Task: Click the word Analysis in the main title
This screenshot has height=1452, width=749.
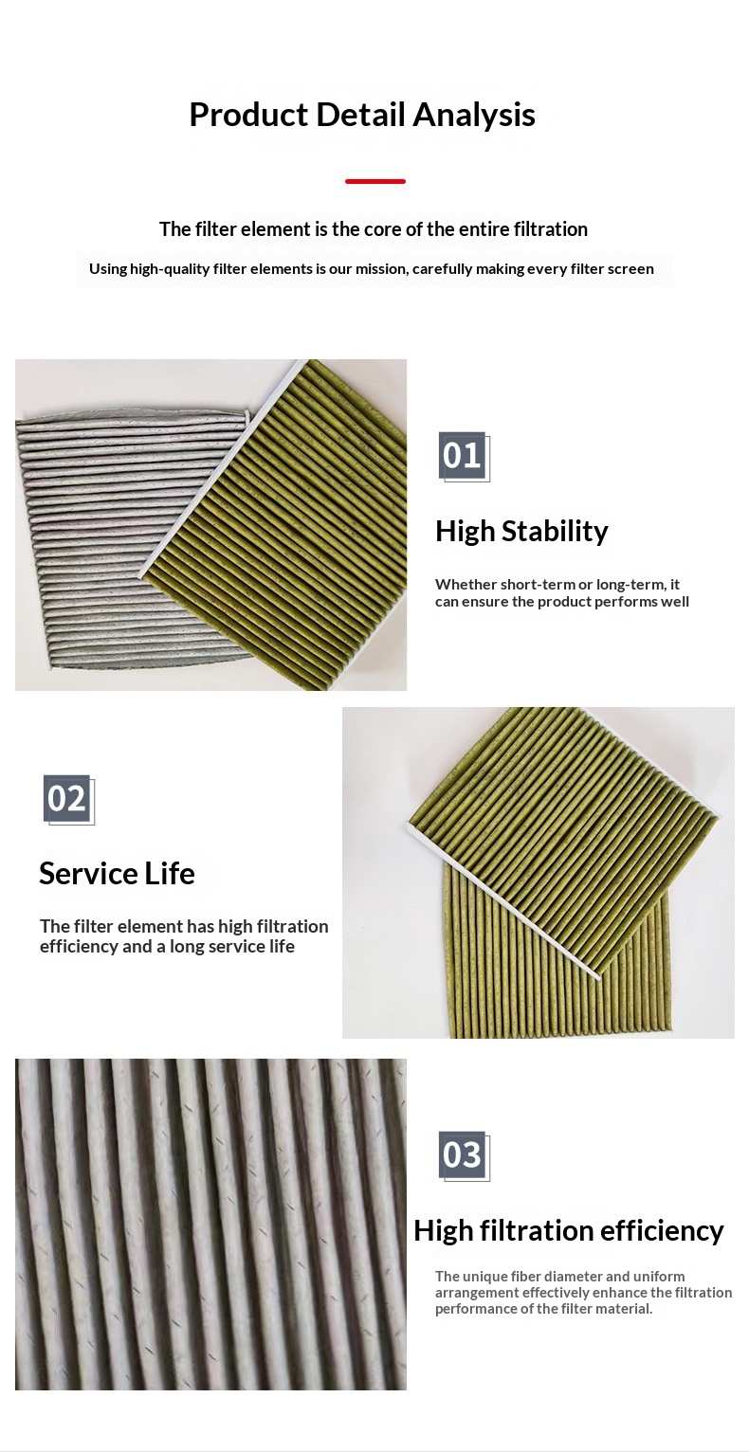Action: (473, 115)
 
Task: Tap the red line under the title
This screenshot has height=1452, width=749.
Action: (374, 182)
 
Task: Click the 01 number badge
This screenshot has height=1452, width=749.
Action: (463, 456)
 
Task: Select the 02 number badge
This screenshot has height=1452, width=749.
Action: (68, 799)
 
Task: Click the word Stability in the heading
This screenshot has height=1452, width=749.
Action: (555, 532)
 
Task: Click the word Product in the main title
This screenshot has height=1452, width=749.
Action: (248, 115)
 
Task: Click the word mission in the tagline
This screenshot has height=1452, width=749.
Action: (382, 269)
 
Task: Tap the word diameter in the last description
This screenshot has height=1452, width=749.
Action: (576, 1277)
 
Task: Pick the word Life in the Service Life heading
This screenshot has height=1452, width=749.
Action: (170, 873)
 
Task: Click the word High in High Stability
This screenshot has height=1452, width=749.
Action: (465, 532)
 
